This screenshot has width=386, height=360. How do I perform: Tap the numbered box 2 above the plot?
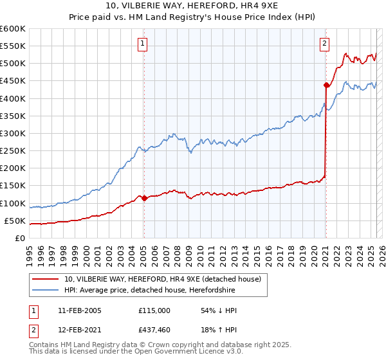[x=324, y=44]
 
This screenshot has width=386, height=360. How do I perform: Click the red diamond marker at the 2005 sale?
[x=144, y=198]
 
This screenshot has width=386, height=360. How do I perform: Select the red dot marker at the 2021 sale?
[x=326, y=85]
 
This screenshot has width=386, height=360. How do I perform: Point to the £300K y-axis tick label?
[x=12, y=133]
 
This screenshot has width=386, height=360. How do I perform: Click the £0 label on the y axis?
[x=19, y=238]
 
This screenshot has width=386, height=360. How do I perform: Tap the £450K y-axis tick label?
[x=12, y=80]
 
